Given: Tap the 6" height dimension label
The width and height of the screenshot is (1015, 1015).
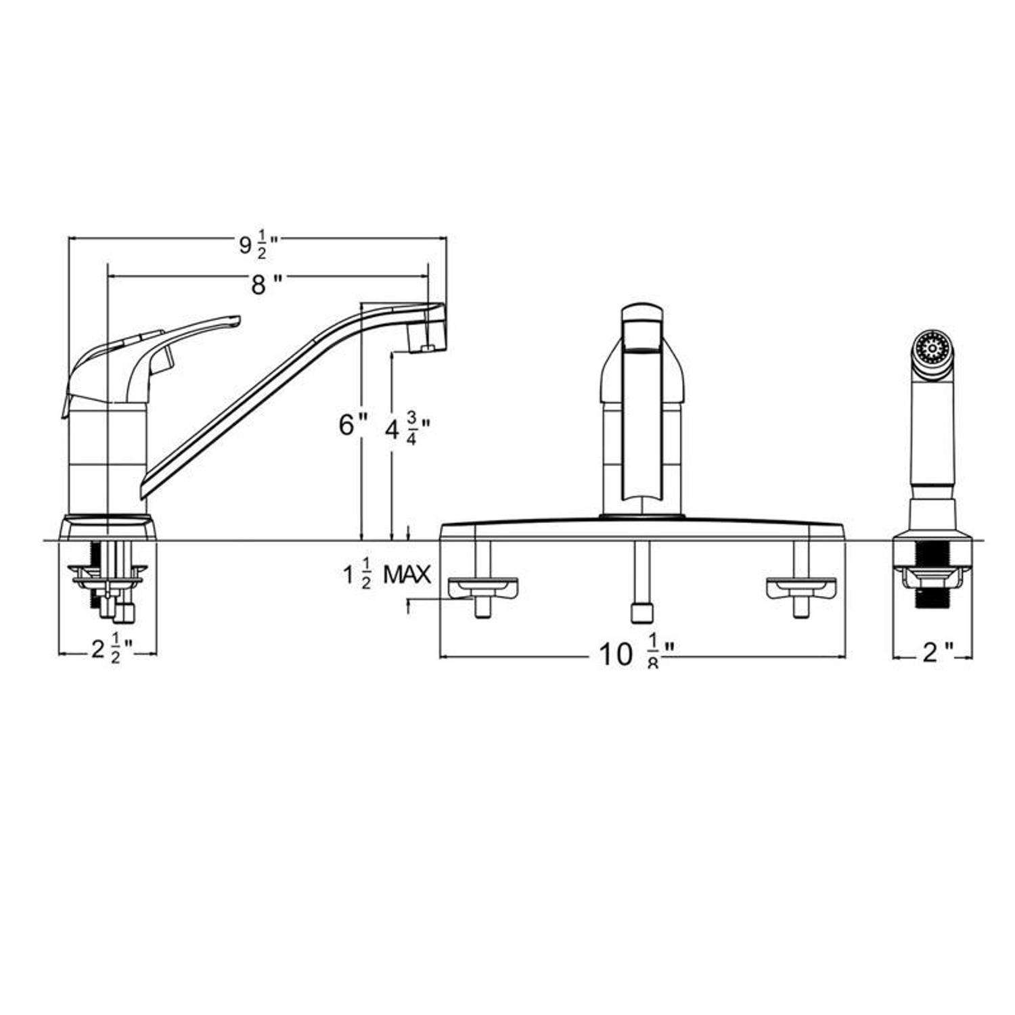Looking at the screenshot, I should point(353,426).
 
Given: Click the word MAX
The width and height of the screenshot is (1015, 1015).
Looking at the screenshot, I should point(407,575).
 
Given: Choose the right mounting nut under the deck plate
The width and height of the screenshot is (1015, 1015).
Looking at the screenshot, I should point(801,587).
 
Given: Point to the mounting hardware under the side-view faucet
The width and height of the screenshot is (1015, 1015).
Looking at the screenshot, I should point(108,582).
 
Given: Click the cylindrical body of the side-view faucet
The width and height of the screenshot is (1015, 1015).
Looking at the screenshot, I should point(108,460).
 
